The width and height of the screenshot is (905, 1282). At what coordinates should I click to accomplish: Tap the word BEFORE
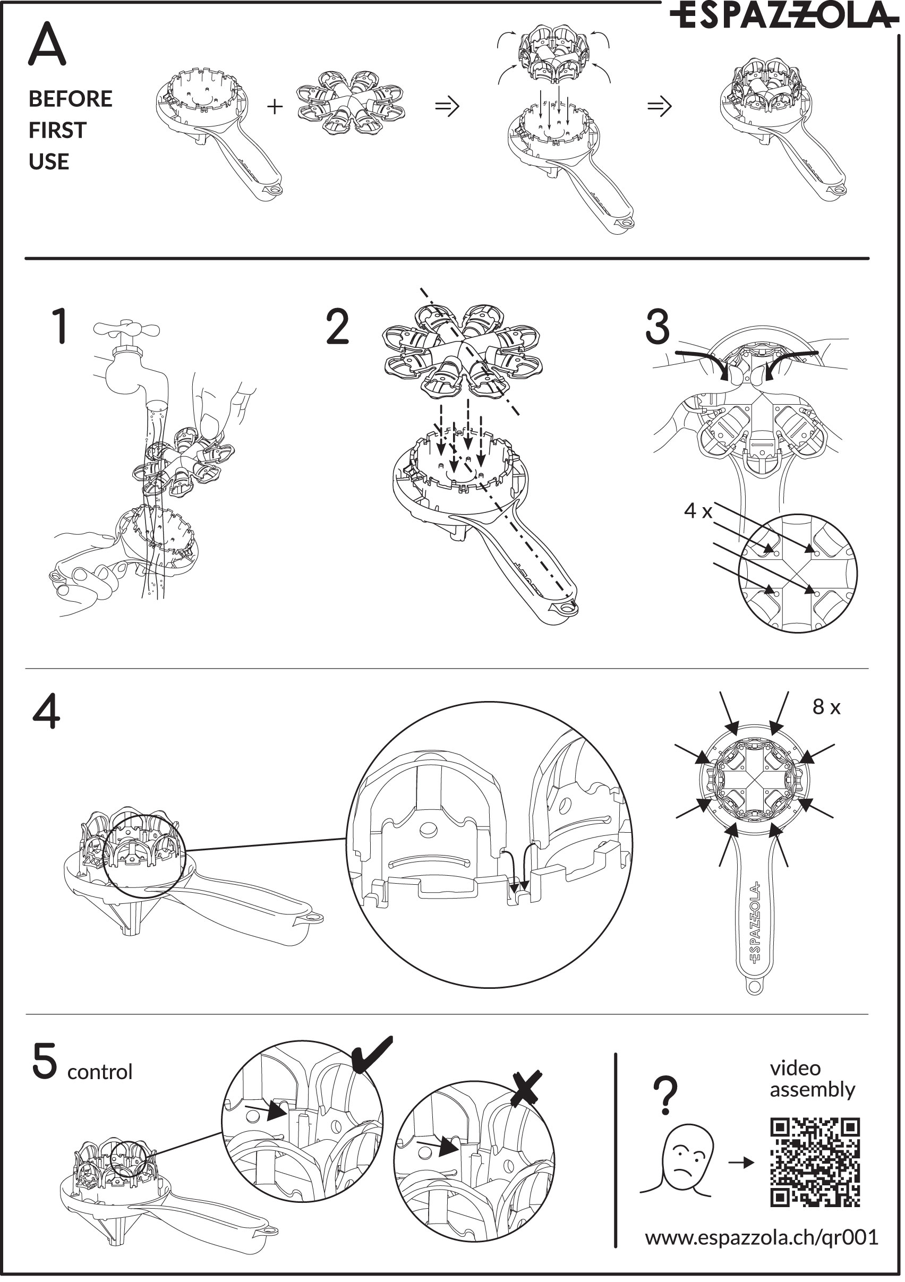pos(70,99)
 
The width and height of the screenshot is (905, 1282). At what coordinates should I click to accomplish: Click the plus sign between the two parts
pos(275,106)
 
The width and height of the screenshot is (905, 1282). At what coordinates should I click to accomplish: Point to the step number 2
pos(337,327)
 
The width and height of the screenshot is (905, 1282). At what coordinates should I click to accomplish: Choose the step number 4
pos(46,713)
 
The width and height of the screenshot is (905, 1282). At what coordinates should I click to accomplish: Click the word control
pos(99,1072)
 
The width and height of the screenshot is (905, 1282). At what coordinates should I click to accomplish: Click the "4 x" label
pos(698,511)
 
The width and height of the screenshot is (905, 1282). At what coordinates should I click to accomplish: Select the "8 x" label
pos(826,707)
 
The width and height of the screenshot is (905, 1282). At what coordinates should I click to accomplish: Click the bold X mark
pos(526,1087)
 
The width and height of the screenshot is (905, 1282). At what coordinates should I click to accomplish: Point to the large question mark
pos(666,1095)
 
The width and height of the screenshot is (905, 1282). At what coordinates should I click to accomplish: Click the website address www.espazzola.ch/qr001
pos(761,1237)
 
